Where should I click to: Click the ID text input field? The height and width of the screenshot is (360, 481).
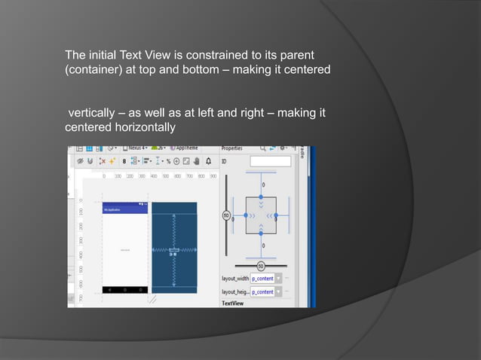270,161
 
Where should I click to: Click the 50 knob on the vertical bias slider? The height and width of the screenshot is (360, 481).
225,216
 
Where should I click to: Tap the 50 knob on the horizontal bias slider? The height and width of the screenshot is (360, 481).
261,266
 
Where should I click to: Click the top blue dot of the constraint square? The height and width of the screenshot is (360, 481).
262,197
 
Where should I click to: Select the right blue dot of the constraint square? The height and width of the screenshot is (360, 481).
277,216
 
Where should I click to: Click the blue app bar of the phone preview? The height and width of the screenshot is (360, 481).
125,209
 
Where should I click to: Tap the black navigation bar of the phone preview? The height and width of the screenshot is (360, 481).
125,289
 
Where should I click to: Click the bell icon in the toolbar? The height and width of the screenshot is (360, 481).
208,160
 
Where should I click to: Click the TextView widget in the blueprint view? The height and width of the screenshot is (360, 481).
173,250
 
